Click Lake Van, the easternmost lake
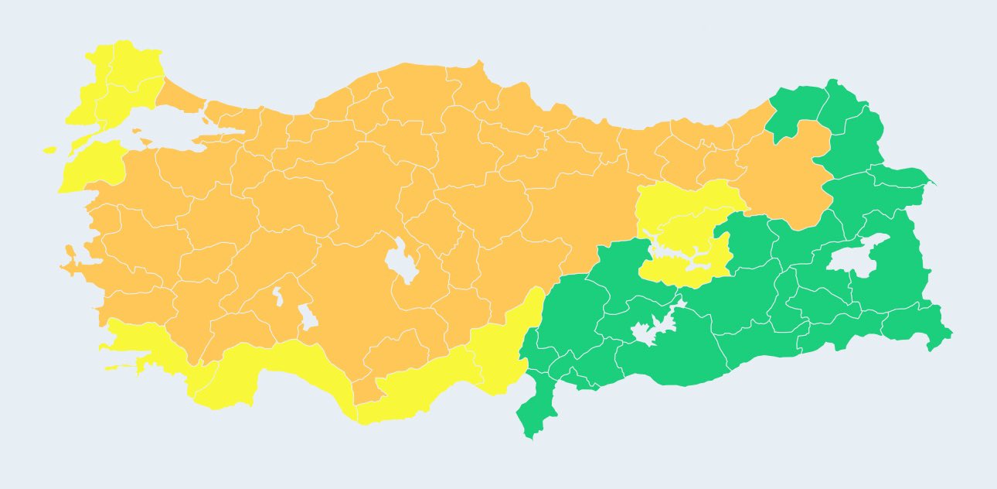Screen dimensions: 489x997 coord(855,258)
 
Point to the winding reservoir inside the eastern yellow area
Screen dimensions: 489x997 coord(680,252)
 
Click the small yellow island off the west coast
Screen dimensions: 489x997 coord(50,149)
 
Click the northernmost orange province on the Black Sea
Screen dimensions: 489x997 coord(468,85)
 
